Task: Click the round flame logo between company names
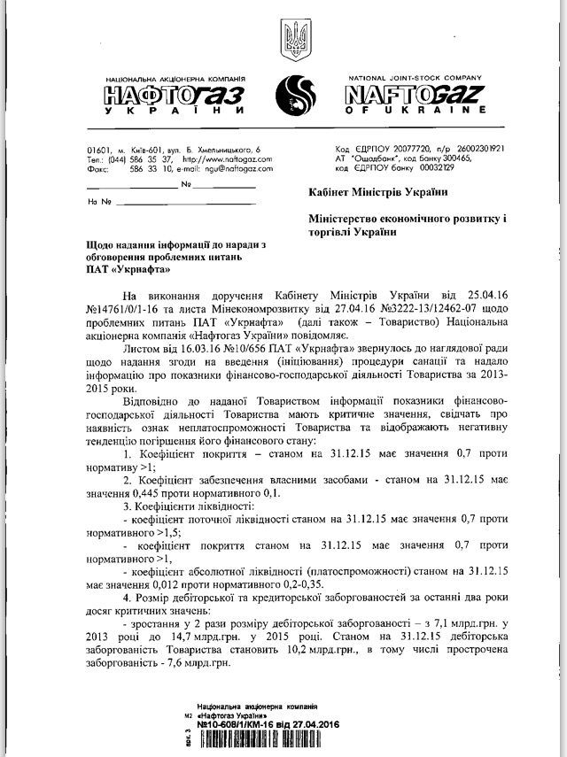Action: (293, 92)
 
